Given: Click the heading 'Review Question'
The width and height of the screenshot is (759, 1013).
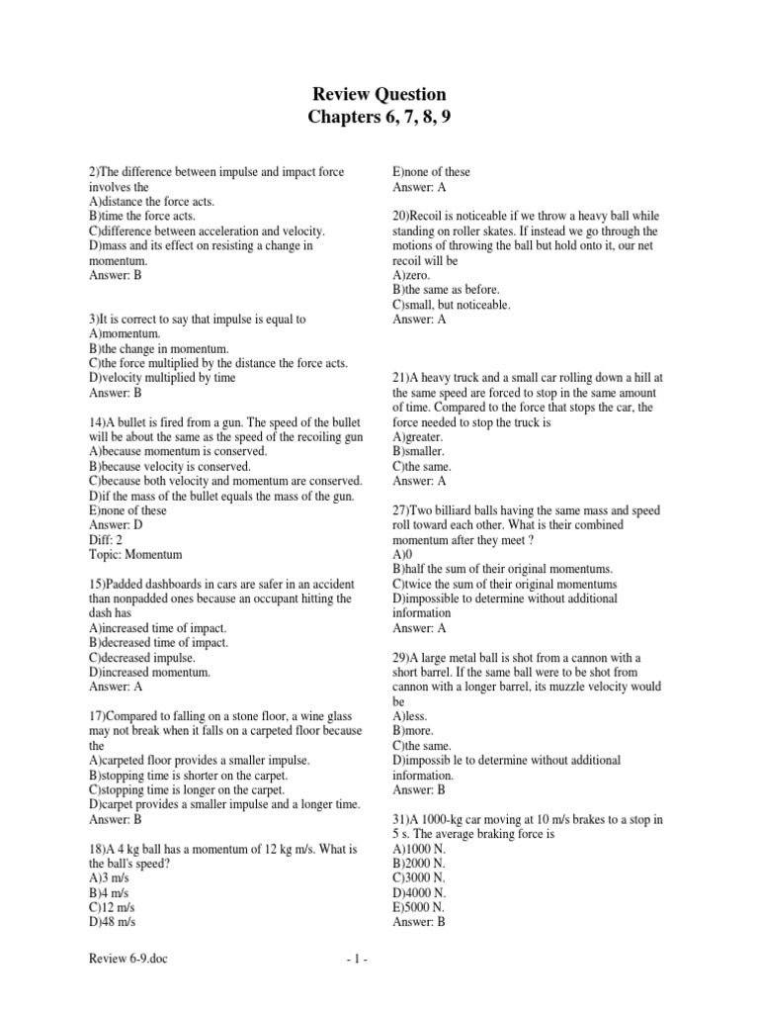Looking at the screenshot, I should tap(379, 95).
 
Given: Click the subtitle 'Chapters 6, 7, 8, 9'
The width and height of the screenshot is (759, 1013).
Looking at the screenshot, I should tap(379, 120).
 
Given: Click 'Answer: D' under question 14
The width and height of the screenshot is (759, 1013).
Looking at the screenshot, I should tap(116, 525).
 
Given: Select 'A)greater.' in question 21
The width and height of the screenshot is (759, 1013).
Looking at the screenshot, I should tap(419, 436).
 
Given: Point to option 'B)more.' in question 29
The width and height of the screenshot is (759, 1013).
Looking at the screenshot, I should tap(414, 731).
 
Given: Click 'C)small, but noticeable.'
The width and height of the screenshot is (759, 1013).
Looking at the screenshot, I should tap(452, 305).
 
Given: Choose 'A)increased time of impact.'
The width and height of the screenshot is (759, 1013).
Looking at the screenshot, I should tap(158, 628).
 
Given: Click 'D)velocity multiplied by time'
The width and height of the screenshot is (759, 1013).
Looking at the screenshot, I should tap(162, 378).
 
